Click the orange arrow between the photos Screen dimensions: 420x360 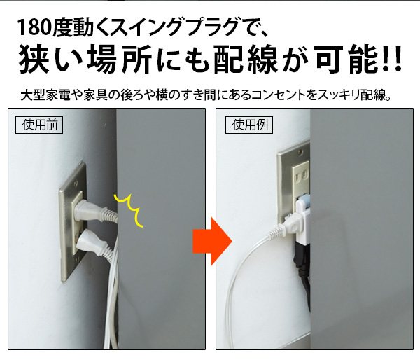click(212, 241)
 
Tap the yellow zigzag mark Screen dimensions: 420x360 click(128, 210)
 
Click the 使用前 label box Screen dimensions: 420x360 click(39, 125)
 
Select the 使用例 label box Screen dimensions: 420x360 click(249, 125)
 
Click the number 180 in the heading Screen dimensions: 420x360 click(34, 27)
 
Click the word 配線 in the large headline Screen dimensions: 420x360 click(246, 60)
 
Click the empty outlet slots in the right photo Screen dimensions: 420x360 click(300, 176)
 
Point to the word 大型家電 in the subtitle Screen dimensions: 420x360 click(45, 95)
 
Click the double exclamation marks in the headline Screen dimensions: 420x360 click(393, 60)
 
